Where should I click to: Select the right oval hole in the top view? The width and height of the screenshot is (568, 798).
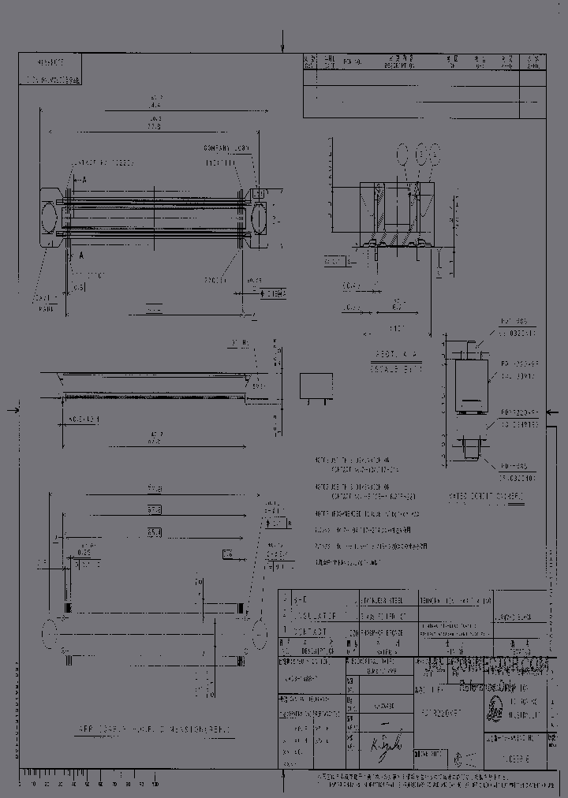[260, 213]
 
